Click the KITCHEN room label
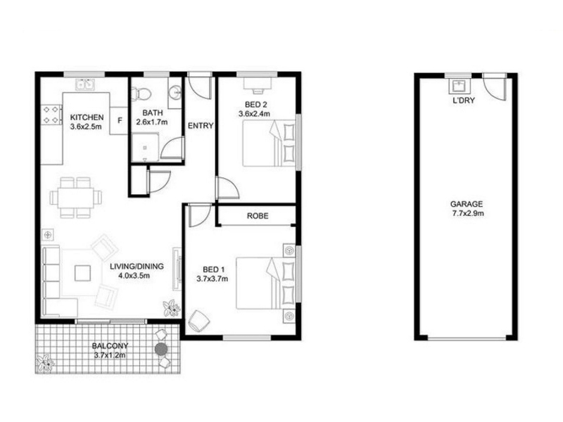point(87,117)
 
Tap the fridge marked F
point(119,120)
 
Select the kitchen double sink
point(85,84)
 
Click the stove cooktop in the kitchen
point(51,115)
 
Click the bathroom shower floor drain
point(145,147)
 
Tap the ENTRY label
point(201,126)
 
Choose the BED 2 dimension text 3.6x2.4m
point(254,114)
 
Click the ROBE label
point(258,216)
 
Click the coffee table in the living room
point(82,273)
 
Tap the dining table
point(76,198)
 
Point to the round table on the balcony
point(162,348)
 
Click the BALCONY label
point(110,346)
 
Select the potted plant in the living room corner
point(171,308)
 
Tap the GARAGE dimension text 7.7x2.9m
point(467,214)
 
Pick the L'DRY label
point(464,101)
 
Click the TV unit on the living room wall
point(177,269)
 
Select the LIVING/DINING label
point(137,267)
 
